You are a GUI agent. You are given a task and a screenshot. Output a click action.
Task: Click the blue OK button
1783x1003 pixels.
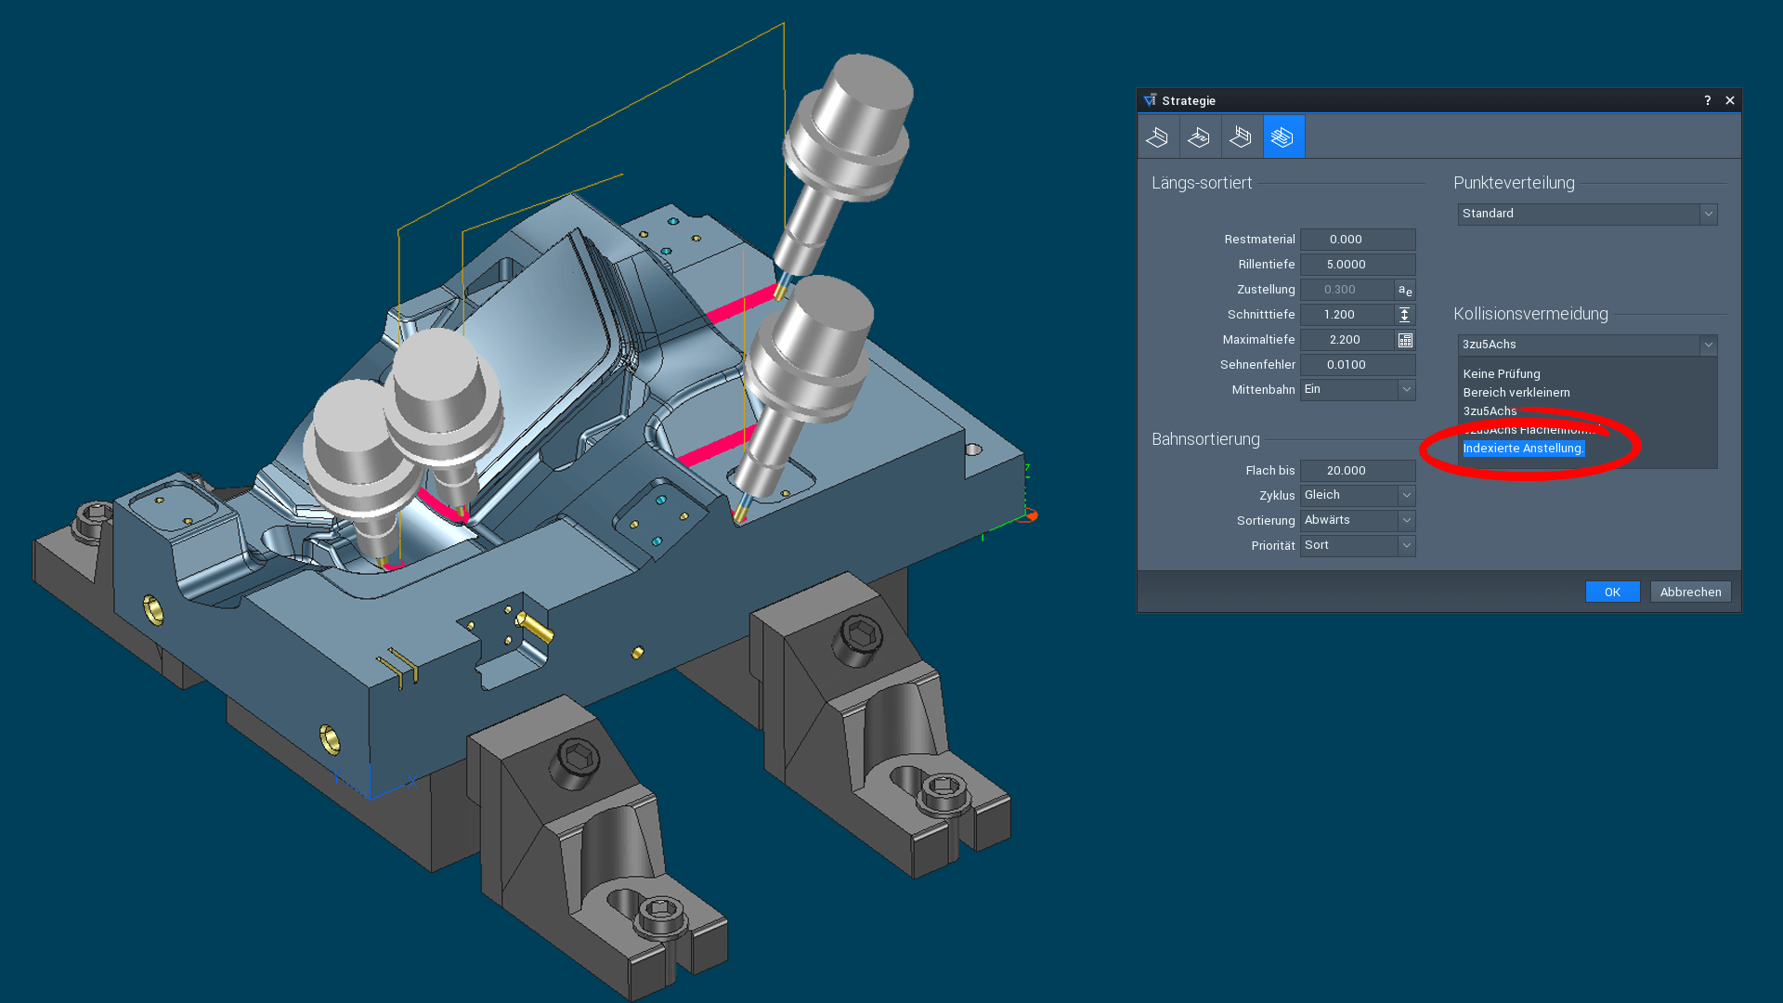pyautogui.click(x=1612, y=592)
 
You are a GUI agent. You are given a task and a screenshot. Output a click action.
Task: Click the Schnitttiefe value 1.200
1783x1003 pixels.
pyautogui.click(x=1346, y=315)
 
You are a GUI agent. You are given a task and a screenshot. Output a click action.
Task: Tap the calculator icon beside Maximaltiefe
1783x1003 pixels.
pyautogui.click(x=1405, y=340)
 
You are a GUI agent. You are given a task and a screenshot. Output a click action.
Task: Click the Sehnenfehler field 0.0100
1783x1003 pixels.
pyautogui.click(x=1357, y=365)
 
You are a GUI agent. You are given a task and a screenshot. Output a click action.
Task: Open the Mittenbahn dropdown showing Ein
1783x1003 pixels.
pyautogui.click(x=1357, y=390)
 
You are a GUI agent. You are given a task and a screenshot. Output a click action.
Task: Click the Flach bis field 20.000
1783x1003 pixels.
pyautogui.click(x=1357, y=471)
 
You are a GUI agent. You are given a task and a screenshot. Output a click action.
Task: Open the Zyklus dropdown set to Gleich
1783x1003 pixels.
pyautogui.click(x=1357, y=496)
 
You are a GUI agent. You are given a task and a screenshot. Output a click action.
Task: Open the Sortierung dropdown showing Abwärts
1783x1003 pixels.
pyautogui.click(x=1357, y=521)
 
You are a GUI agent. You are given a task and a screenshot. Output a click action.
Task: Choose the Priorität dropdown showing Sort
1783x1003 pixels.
pyautogui.click(x=1357, y=546)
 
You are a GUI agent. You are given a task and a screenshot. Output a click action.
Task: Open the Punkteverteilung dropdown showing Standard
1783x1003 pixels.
pyautogui.click(x=1586, y=214)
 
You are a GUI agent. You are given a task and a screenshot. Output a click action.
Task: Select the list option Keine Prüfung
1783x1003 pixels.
pyautogui.click(x=1502, y=374)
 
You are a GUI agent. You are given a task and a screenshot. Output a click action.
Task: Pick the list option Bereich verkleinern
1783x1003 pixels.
pyautogui.click(x=1516, y=393)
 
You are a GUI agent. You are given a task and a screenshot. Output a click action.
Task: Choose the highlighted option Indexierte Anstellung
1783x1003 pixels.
pyautogui.click(x=1523, y=449)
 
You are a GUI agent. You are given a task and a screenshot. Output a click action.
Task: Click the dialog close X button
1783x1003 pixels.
pyautogui.click(x=1729, y=100)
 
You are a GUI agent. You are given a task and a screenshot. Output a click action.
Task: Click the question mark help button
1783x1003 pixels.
pyautogui.click(x=1707, y=100)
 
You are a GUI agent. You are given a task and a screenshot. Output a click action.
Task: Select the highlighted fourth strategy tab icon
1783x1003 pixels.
pyautogui.click(x=1283, y=137)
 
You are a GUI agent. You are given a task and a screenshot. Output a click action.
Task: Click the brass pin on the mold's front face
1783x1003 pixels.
pyautogui.click(x=536, y=628)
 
